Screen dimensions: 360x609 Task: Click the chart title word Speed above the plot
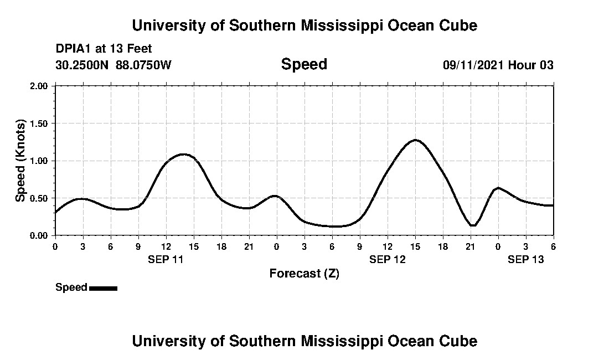coord(304,64)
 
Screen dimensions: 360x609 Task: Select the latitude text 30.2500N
coord(82,65)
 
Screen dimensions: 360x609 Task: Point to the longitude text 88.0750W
coord(144,65)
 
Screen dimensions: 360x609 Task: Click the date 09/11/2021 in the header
coord(474,65)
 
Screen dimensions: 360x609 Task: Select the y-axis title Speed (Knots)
coord(20,161)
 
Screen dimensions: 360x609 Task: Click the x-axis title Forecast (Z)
coord(304,273)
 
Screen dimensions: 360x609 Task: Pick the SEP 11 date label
coord(166,259)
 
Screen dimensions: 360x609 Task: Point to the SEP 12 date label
coord(387,259)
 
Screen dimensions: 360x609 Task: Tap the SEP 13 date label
coord(525,259)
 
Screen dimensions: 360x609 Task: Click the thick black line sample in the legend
coord(103,288)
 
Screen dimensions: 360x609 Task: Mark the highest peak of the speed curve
coord(415,140)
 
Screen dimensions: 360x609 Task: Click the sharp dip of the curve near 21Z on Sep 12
coord(472,225)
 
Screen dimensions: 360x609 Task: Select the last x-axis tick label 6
coord(553,246)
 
